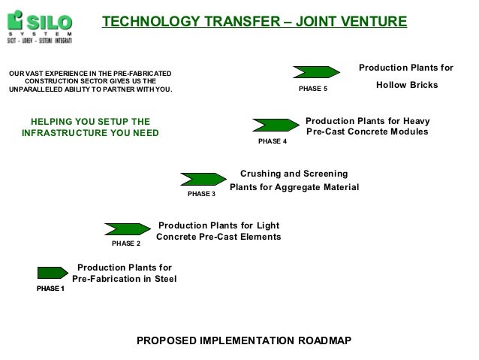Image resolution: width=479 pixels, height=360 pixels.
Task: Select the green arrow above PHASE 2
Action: pos(127,228)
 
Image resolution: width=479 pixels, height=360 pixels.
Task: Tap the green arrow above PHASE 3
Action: pos(203,179)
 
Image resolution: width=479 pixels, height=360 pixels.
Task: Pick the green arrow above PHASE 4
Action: pos(276,124)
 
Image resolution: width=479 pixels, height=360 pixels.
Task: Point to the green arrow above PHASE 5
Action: pos(315,71)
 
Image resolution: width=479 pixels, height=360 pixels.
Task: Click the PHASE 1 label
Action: pos(51,289)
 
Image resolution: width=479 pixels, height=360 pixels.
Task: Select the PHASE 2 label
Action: pos(125,244)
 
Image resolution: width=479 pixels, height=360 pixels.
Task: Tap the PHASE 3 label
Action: pos(201,195)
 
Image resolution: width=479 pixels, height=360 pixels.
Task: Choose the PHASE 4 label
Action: pos(273,141)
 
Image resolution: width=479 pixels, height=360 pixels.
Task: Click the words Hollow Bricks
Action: pos(406,86)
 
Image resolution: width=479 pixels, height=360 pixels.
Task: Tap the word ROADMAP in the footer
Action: pos(319,340)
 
